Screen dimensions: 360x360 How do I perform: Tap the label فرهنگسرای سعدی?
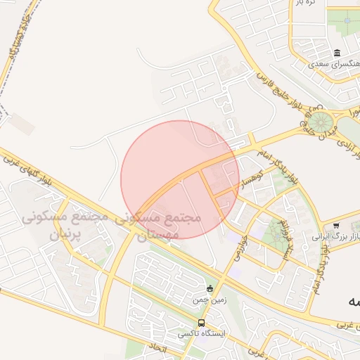(x=337, y=64)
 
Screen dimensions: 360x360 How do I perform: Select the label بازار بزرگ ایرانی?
(x=337, y=236)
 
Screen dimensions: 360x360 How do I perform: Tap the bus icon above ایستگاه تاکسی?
(x=202, y=323)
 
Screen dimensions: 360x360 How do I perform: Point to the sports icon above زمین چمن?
(x=210, y=288)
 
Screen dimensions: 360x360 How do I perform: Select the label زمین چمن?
(x=210, y=300)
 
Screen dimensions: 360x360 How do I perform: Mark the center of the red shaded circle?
(x=180, y=179)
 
